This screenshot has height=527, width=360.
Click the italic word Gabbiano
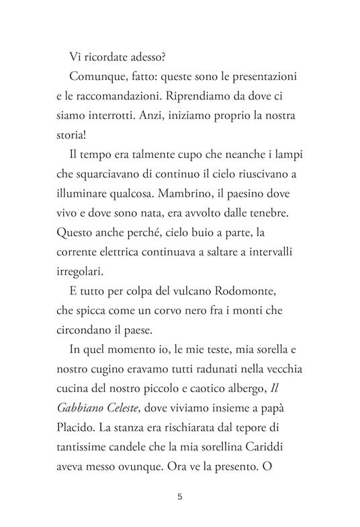85,408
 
